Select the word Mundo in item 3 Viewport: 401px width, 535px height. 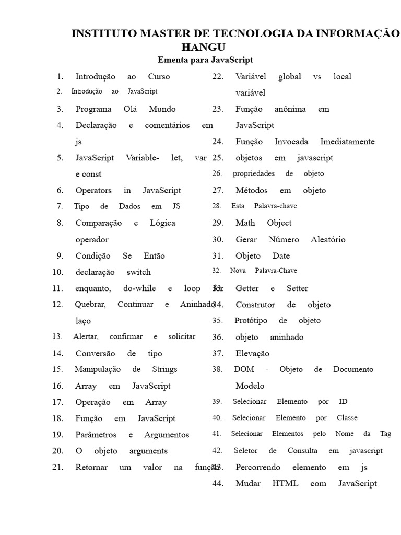coord(162,109)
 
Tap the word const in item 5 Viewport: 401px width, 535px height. coord(92,175)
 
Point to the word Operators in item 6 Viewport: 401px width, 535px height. coord(93,191)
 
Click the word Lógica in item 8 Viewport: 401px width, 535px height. coord(162,223)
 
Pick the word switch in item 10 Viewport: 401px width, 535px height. coord(138,272)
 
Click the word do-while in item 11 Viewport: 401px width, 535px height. coord(139,288)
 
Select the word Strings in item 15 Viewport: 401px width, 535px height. coord(164,369)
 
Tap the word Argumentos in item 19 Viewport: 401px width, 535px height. coord(167,435)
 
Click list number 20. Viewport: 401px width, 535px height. coord(57,451)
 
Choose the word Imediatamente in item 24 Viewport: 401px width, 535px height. coord(347,142)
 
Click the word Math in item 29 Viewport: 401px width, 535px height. coord(245,223)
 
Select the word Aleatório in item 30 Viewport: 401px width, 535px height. coord(328,240)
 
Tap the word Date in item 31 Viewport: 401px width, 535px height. coord(281,256)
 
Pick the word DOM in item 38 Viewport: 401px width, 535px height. coord(244,369)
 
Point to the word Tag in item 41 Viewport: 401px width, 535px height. coord(385,434)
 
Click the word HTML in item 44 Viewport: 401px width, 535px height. coord(285,484)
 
